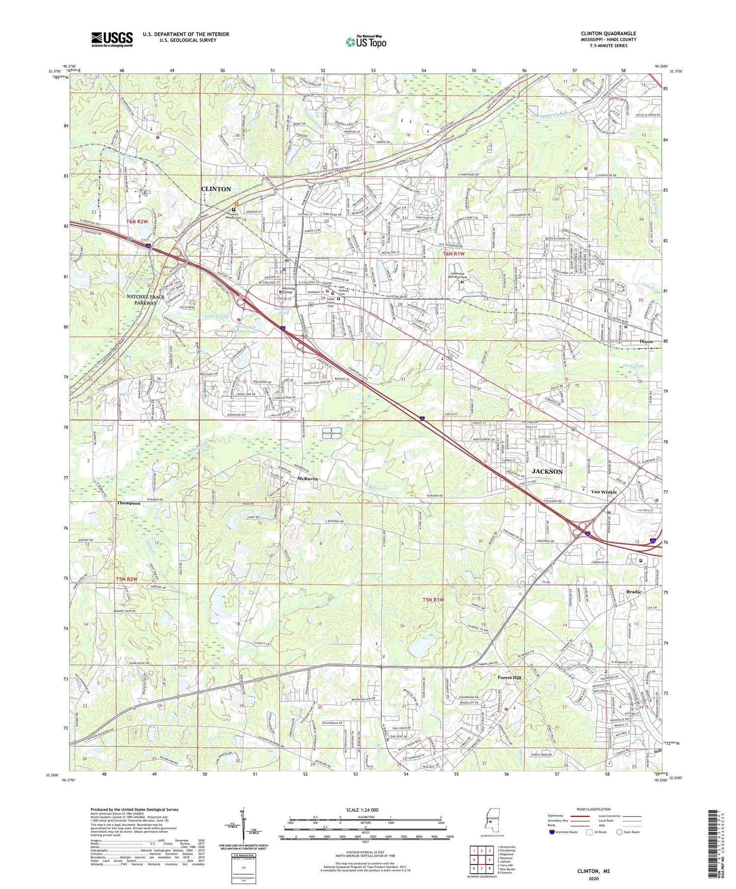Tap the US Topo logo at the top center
pos(365,42)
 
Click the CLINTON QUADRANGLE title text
pos(608,33)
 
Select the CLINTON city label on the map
pos(216,189)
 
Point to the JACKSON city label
pos(547,471)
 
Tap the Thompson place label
pos(129,503)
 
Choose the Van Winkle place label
pos(604,492)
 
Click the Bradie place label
pos(634,592)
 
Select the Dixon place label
pos(646,341)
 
